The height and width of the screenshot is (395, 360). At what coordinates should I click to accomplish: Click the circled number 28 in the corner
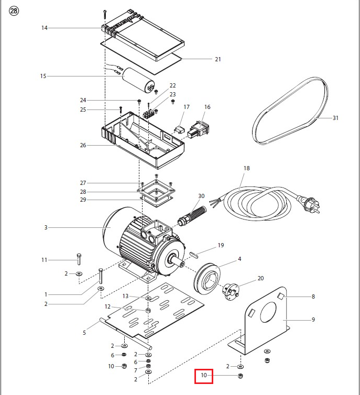pyautogui.click(x=14, y=12)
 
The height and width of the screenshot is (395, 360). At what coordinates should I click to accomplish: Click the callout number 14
pyautogui.click(x=44, y=28)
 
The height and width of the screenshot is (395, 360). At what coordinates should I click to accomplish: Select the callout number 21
pyautogui.click(x=217, y=59)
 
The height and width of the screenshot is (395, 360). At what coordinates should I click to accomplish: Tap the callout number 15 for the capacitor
pyautogui.click(x=43, y=76)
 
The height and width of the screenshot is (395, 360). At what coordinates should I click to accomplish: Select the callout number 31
pyautogui.click(x=335, y=118)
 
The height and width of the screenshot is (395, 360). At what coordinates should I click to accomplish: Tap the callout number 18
pyautogui.click(x=247, y=168)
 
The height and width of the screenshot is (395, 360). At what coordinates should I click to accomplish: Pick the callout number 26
pyautogui.click(x=82, y=146)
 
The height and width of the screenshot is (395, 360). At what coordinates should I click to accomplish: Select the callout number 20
pyautogui.click(x=260, y=278)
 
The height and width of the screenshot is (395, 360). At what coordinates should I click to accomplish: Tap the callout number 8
pyautogui.click(x=313, y=297)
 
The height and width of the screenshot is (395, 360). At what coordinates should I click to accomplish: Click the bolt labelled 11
pyautogui.click(x=79, y=259)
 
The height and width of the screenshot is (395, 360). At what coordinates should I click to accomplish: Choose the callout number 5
pyautogui.click(x=84, y=332)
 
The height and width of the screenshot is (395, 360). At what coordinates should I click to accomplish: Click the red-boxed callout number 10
pyautogui.click(x=203, y=375)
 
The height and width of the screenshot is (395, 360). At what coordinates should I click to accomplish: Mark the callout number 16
pyautogui.click(x=207, y=107)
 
